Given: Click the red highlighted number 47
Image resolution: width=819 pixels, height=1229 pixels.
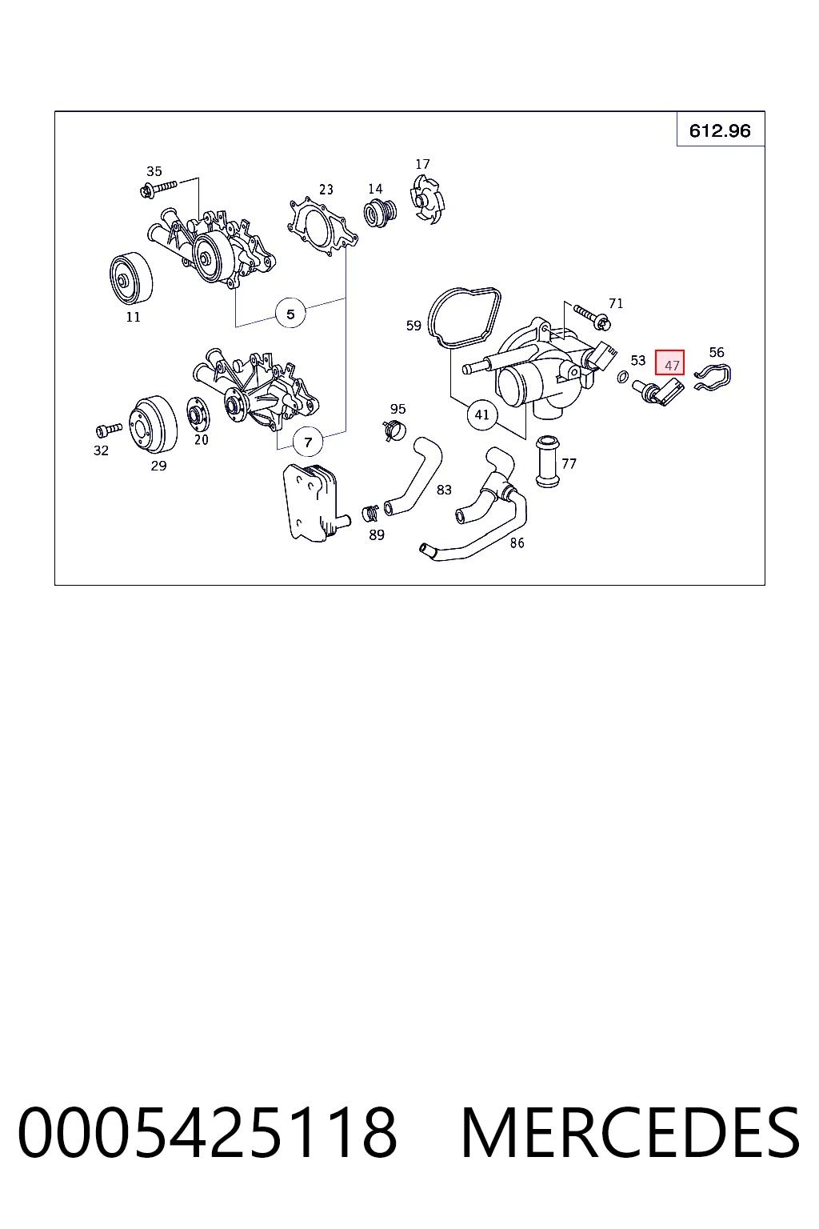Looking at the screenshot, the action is pos(669,362).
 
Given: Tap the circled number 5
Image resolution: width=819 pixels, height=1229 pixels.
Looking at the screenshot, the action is pos(290,314).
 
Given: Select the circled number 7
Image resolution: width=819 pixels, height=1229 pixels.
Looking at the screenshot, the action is pos(308,442).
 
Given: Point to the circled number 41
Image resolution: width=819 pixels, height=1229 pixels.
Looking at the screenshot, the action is pos(482,414).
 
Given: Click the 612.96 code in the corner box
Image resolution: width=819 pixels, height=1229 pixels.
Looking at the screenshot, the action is pos(720,130).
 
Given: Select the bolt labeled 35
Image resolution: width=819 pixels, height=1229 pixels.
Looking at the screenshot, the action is pos(158,189).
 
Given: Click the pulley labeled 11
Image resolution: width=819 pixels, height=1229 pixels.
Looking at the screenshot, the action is pos(130,279).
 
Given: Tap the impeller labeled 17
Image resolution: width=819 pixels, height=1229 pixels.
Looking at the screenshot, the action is pos(427,199).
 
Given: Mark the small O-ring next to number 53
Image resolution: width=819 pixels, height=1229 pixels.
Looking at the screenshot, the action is pos(622,377).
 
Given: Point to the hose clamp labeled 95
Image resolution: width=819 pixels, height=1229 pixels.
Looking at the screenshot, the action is pos(394,430).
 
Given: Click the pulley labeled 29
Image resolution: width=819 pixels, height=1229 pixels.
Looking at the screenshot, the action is pos(153,423).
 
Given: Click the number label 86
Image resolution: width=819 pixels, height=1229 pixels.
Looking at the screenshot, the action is pos(517,542).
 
